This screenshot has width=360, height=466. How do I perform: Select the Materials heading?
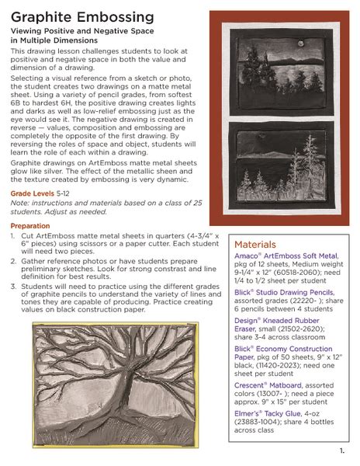[x=261, y=243]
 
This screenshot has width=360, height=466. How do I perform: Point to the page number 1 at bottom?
[x=341, y=451]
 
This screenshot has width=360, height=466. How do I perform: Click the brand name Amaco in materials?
[x=247, y=256]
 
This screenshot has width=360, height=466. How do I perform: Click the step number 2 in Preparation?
[x=13, y=262]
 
